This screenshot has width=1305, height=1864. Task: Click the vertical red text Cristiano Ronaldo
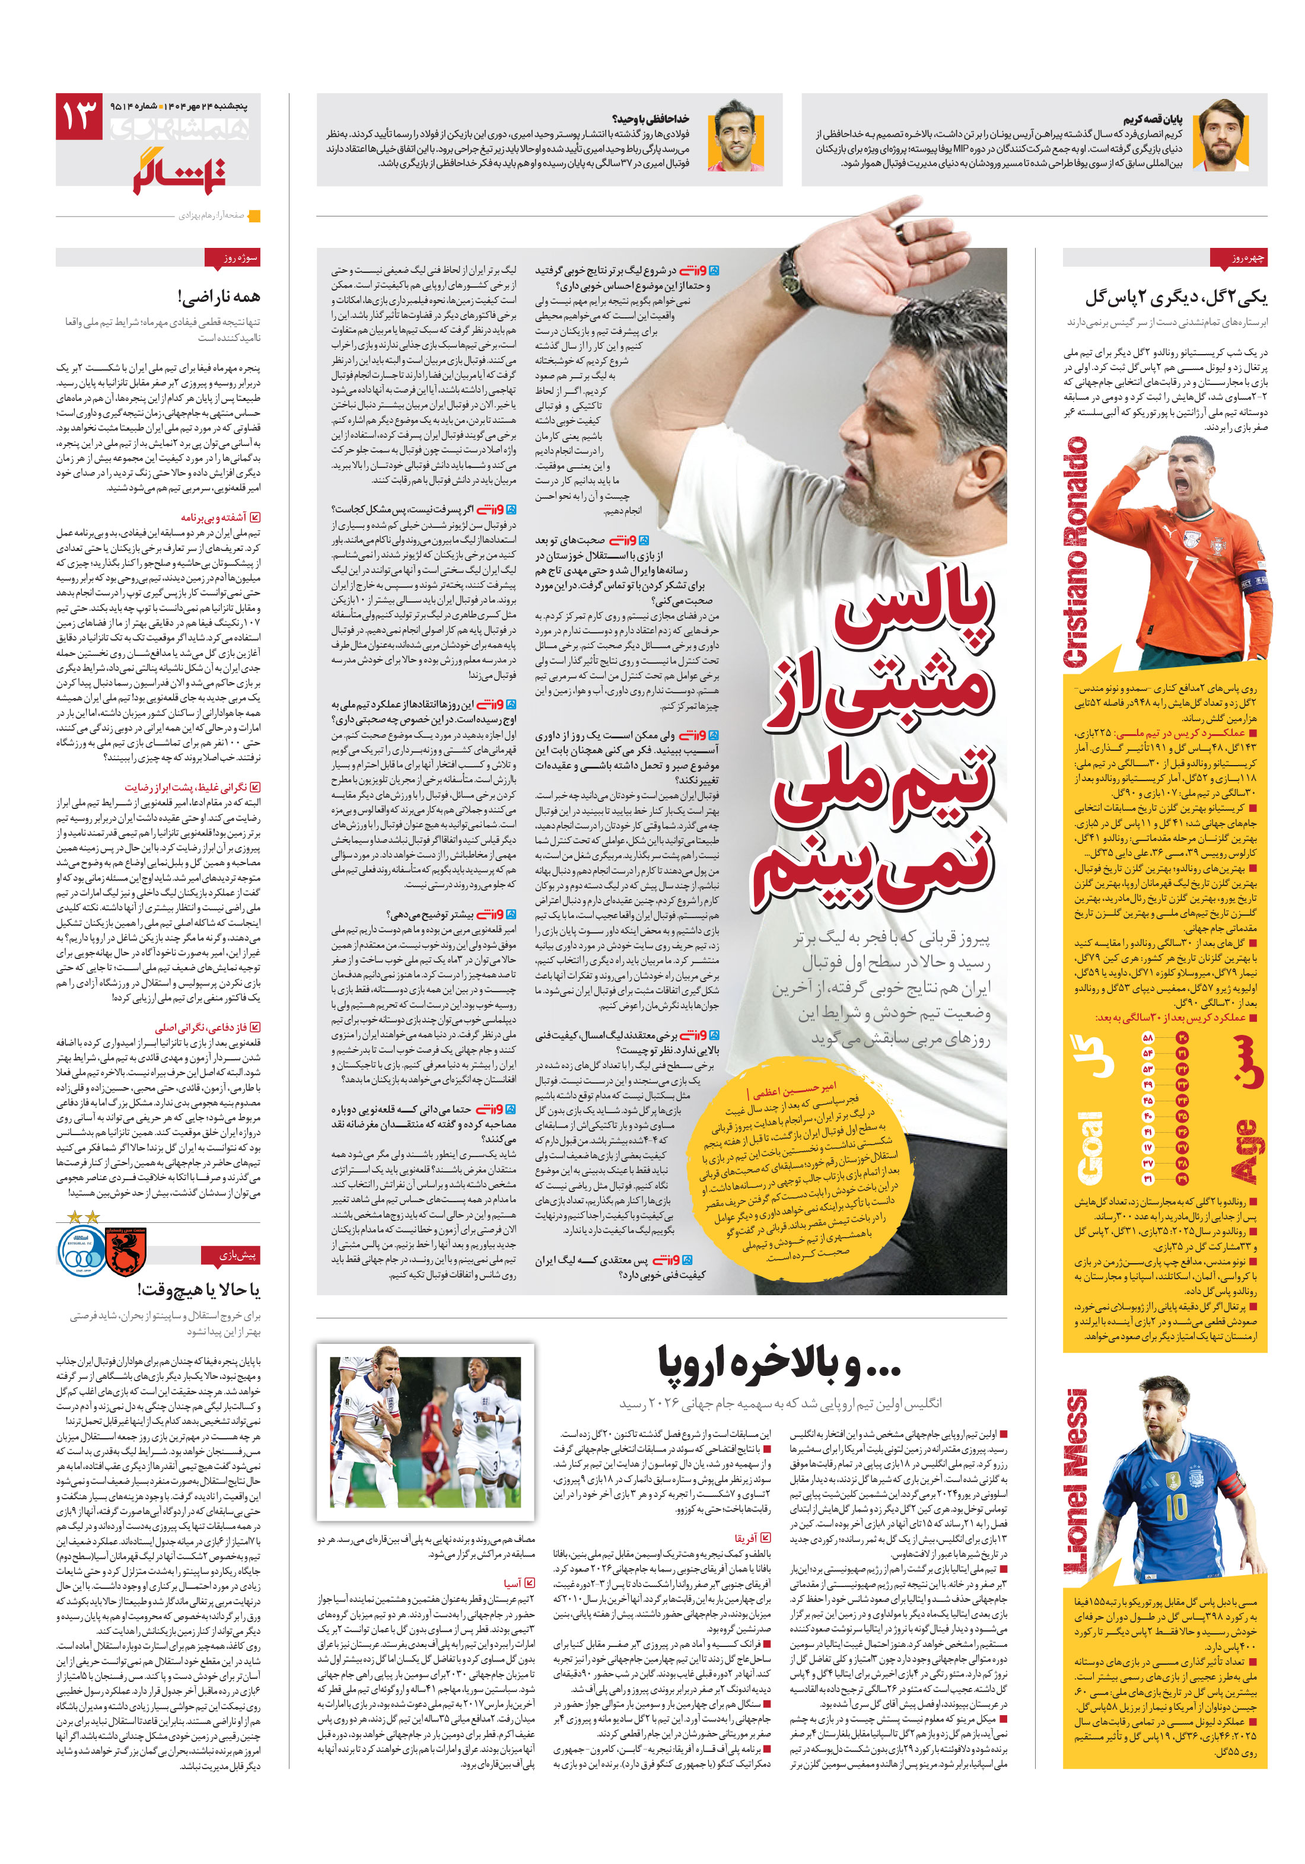(x=1077, y=552)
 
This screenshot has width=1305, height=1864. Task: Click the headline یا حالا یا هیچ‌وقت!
(x=198, y=1289)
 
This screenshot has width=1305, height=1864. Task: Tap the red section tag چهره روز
(x=1237, y=258)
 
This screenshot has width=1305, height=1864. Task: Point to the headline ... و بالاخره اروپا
(x=779, y=1365)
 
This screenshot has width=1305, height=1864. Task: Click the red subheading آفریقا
(x=746, y=1538)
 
